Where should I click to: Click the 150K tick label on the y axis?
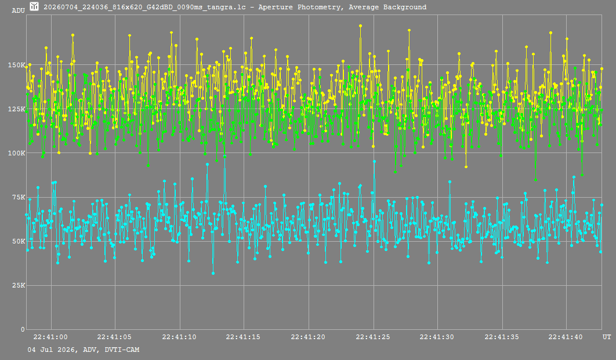coord(16,65)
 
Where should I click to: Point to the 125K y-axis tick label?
coord(16,109)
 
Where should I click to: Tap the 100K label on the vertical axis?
coord(16,153)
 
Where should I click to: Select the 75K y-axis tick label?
coord(19,197)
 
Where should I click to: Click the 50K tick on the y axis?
coord(19,241)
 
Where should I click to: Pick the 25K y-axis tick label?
coord(19,285)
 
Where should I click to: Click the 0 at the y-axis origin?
coord(23,329)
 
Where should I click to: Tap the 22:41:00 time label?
coord(50,337)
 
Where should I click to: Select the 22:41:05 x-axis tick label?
coord(114,337)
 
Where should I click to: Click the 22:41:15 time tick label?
coord(243,337)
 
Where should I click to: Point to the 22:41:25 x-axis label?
coord(373,337)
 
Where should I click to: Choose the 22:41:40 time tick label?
coord(566,337)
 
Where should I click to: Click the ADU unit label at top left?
coord(19,10)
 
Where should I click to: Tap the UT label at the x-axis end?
coord(607,337)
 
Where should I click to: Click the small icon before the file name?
coord(34,6)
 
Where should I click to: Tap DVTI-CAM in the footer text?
coord(122,350)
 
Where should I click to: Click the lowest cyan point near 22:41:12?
coord(213,273)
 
